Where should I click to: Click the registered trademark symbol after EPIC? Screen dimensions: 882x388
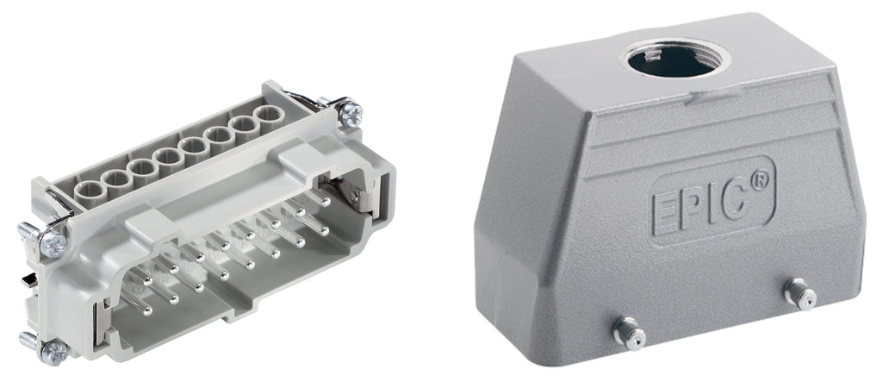pos(760,181)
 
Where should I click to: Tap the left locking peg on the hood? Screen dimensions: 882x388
pos(629,333)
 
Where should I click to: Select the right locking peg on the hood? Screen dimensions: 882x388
pos(800,293)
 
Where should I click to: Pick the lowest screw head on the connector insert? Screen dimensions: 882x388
pos(54,352)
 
